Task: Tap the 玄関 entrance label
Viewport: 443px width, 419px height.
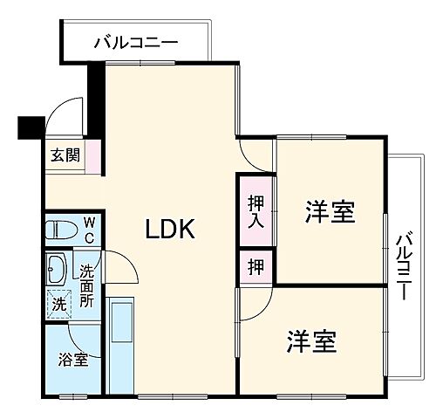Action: click(65, 156)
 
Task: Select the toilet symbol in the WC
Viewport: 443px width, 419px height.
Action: click(64, 230)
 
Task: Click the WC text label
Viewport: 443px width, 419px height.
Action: click(90, 230)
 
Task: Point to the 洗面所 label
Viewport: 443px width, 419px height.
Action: click(88, 285)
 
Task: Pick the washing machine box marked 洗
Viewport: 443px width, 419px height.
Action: click(58, 305)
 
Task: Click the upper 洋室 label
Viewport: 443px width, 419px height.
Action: click(330, 211)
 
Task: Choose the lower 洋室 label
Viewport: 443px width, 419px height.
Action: click(312, 341)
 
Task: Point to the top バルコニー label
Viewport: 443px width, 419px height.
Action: click(135, 41)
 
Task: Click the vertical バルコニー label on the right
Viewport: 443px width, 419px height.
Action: click(403, 266)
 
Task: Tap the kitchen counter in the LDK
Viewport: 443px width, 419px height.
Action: click(121, 345)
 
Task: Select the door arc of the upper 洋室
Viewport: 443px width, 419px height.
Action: click(257, 155)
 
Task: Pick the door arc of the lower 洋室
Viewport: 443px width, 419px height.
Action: click(256, 304)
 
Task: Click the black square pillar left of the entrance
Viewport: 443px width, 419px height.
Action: click(31, 128)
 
